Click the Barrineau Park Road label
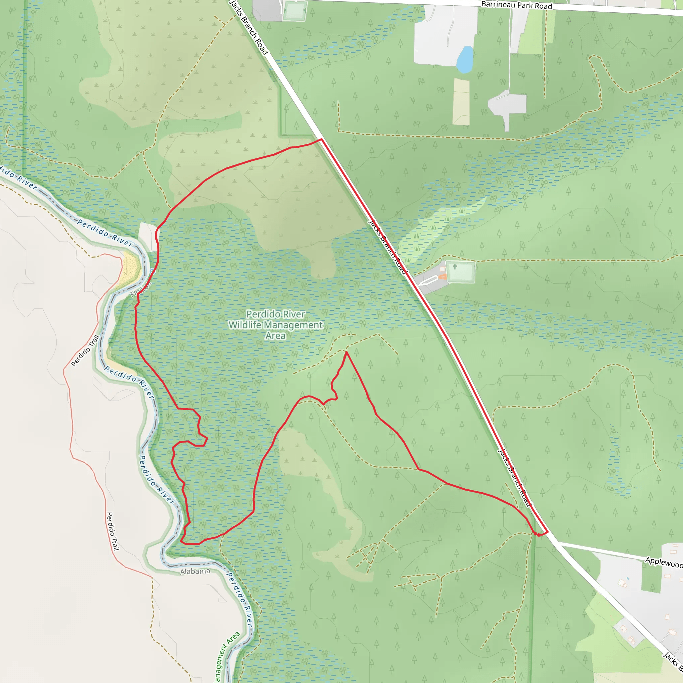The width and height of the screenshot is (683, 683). [517, 5]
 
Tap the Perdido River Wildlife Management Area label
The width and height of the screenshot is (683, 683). [275, 324]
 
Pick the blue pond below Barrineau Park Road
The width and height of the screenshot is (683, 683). [465, 59]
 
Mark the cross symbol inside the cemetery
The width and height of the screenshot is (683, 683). [455, 266]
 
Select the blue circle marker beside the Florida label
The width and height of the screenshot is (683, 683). [152, 271]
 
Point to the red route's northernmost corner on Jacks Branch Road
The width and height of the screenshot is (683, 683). [321, 139]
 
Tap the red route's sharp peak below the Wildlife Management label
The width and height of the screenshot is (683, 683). [347, 352]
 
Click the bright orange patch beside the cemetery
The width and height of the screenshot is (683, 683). [443, 277]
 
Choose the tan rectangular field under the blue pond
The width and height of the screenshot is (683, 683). [461, 102]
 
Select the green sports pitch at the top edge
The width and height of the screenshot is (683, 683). [294, 11]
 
